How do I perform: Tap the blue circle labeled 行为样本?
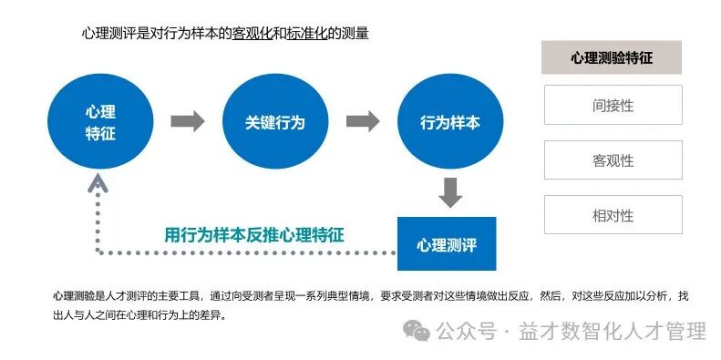tap(448, 122)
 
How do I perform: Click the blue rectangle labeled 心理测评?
tap(447, 244)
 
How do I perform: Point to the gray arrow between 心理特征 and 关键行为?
tap(188, 121)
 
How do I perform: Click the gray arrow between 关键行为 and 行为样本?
tap(363, 121)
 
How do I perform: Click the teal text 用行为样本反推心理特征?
tap(254, 234)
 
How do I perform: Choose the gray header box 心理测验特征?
tap(612, 57)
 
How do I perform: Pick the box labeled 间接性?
tap(613, 105)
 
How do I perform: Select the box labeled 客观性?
tap(613, 160)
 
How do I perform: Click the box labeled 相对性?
tap(613, 216)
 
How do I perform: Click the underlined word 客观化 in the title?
tap(252, 34)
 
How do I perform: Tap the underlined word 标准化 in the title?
tap(307, 34)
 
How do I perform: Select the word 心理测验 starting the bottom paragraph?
tap(73, 296)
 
